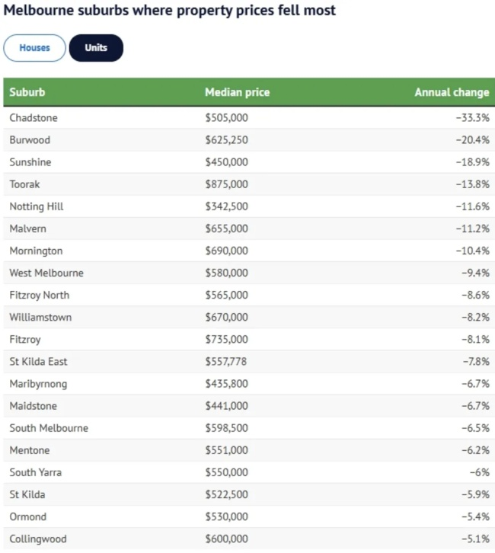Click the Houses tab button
34,48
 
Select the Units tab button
96,48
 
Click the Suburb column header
27,92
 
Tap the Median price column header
237,92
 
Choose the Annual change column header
452,92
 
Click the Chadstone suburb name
34,118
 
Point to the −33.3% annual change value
472,118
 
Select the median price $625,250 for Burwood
226,140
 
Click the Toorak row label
26,184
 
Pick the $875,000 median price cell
226,184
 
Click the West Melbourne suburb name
46,273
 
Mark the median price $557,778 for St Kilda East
226,361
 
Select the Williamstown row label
40,317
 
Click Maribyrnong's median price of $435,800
226,383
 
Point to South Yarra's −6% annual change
479,472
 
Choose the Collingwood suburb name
38,539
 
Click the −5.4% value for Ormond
475,516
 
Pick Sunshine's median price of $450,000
226,162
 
